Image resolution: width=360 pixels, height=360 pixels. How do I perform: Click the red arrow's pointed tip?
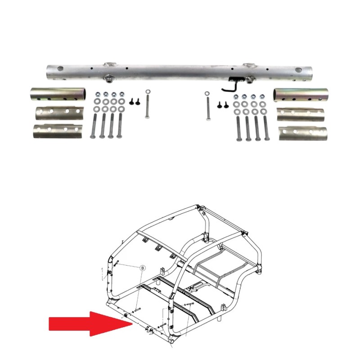[130, 324]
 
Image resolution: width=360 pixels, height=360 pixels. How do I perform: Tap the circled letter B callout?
[143, 267]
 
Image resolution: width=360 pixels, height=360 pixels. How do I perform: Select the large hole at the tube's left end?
[59, 70]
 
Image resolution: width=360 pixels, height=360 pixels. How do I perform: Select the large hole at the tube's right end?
[298, 71]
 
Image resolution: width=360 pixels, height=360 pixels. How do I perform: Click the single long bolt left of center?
[147, 105]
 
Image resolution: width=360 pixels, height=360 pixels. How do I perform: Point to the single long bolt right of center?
[207, 106]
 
